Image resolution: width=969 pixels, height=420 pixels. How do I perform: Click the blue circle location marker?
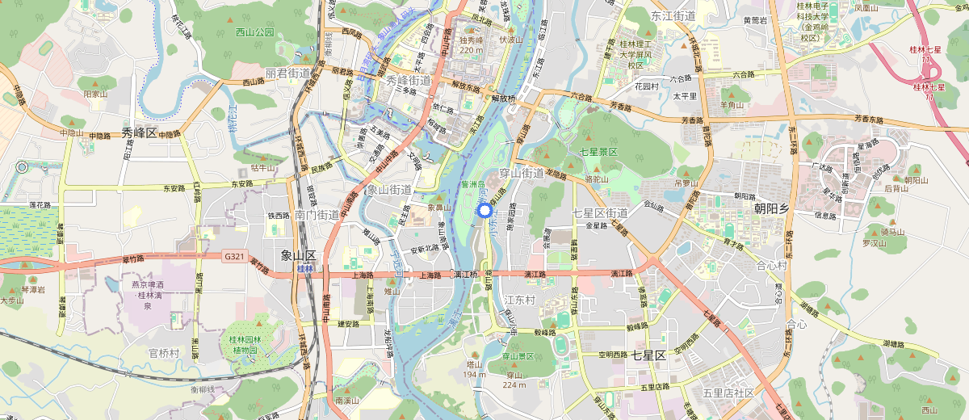click(x=484, y=211)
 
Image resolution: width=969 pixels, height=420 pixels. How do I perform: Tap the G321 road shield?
click(x=234, y=256)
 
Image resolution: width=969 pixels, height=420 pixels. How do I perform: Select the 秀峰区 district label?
click(x=139, y=132)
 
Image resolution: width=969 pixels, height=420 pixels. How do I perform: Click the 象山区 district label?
click(x=297, y=255)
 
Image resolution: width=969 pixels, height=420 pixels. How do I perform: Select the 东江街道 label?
click(x=673, y=15)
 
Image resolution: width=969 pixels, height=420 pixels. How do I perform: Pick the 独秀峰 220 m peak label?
click(x=471, y=44)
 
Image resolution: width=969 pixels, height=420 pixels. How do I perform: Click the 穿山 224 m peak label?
click(x=514, y=380)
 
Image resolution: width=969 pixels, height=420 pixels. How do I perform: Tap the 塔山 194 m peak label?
click(x=474, y=369)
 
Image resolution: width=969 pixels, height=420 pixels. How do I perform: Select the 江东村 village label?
click(x=520, y=300)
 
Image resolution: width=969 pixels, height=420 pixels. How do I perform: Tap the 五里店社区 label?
click(x=728, y=393)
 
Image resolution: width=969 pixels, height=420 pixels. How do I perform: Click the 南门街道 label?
click(x=317, y=215)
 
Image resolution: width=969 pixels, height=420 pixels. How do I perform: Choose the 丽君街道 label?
click(x=288, y=73)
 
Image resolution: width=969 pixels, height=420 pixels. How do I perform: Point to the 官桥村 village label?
click(x=164, y=353)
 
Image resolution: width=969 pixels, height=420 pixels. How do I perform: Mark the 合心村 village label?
click(x=771, y=265)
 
